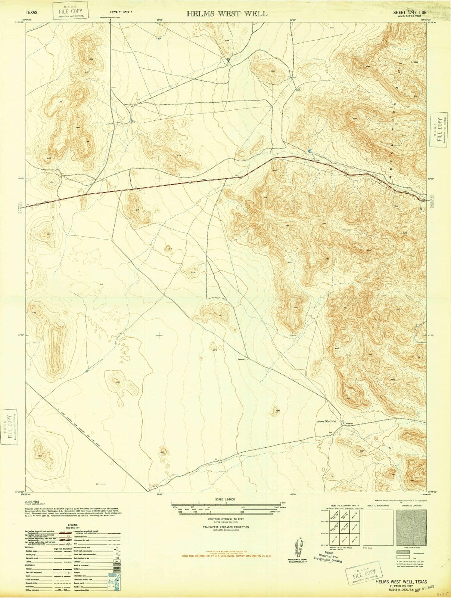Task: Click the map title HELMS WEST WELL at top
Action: pyautogui.click(x=227, y=14)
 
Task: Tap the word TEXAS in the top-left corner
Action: pyautogui.click(x=31, y=12)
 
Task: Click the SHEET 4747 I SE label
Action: pyautogui.click(x=410, y=12)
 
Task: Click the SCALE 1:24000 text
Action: pyautogui.click(x=226, y=500)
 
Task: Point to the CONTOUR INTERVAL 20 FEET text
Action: pyautogui.click(x=226, y=520)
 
